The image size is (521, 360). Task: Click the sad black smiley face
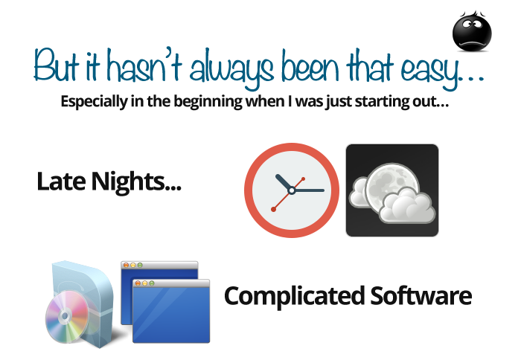point(472,32)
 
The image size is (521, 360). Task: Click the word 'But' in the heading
point(57,65)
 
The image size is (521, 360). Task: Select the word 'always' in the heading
point(232,69)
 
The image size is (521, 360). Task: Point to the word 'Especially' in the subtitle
point(94,102)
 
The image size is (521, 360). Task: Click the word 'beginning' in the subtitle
point(208,102)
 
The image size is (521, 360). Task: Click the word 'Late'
point(61,181)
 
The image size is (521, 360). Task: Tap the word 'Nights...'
point(136,182)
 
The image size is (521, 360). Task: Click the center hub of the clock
point(292,190)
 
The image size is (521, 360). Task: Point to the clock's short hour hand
point(283,182)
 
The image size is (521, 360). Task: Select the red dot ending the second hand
point(273,209)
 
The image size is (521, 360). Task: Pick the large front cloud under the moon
point(407,206)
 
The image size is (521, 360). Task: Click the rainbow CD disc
point(68,317)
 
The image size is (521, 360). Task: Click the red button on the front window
point(138,283)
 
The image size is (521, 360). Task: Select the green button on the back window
point(140,265)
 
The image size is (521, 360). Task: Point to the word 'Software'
point(421,295)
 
